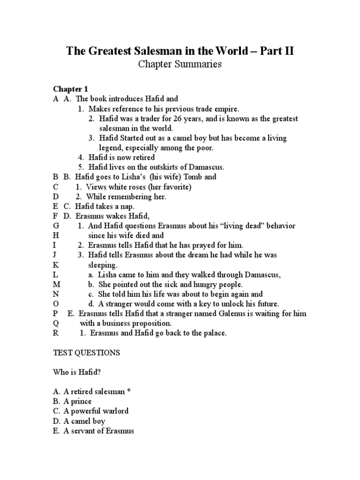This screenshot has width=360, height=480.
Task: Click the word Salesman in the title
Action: coord(165,51)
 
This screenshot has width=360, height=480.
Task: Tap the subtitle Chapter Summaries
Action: coord(180,65)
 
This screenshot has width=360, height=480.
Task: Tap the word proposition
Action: coord(150,323)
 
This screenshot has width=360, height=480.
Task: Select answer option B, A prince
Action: coord(73,401)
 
